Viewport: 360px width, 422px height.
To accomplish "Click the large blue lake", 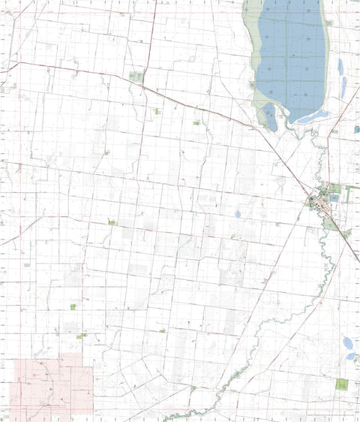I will [292, 60].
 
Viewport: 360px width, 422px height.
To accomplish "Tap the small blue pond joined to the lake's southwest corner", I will [270, 117].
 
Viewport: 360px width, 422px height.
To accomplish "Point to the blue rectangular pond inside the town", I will [334, 197].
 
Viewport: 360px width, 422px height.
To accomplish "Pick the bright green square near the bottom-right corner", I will [342, 384].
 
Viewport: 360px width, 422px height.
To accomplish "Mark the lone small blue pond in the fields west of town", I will [238, 214].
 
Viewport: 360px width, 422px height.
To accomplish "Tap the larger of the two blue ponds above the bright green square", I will [349, 345].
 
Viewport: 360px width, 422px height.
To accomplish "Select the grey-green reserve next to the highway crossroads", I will [136, 77].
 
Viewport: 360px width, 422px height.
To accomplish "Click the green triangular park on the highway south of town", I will [331, 223].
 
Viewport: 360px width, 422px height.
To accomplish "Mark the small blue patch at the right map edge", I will [357, 129].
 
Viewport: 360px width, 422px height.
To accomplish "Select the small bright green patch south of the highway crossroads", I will [157, 111].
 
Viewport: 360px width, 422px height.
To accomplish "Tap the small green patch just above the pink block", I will [80, 336].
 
